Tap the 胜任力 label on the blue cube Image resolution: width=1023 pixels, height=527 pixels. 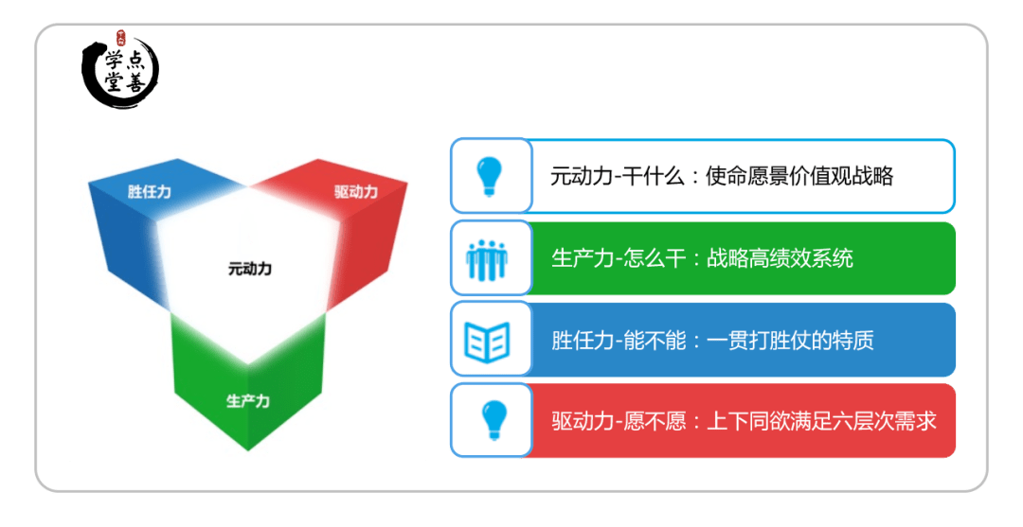[x=150, y=191]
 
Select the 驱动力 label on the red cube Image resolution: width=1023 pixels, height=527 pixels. [x=355, y=191]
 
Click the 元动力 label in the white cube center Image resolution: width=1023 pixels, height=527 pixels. [x=249, y=269]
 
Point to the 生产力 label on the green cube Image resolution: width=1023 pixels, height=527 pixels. [x=248, y=400]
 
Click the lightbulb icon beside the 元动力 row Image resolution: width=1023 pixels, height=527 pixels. [x=490, y=177]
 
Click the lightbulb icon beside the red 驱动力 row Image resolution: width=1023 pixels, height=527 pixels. [x=494, y=420]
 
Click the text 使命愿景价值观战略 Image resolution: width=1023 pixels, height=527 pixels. [x=799, y=176]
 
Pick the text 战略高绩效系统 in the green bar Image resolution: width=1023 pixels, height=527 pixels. [x=780, y=258]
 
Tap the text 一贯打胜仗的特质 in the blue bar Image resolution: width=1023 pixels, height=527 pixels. [x=790, y=340]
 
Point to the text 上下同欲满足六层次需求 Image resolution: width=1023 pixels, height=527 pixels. [x=822, y=421]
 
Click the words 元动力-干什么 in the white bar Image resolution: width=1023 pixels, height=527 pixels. [x=618, y=176]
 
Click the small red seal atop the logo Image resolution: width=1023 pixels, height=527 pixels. [x=120, y=38]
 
